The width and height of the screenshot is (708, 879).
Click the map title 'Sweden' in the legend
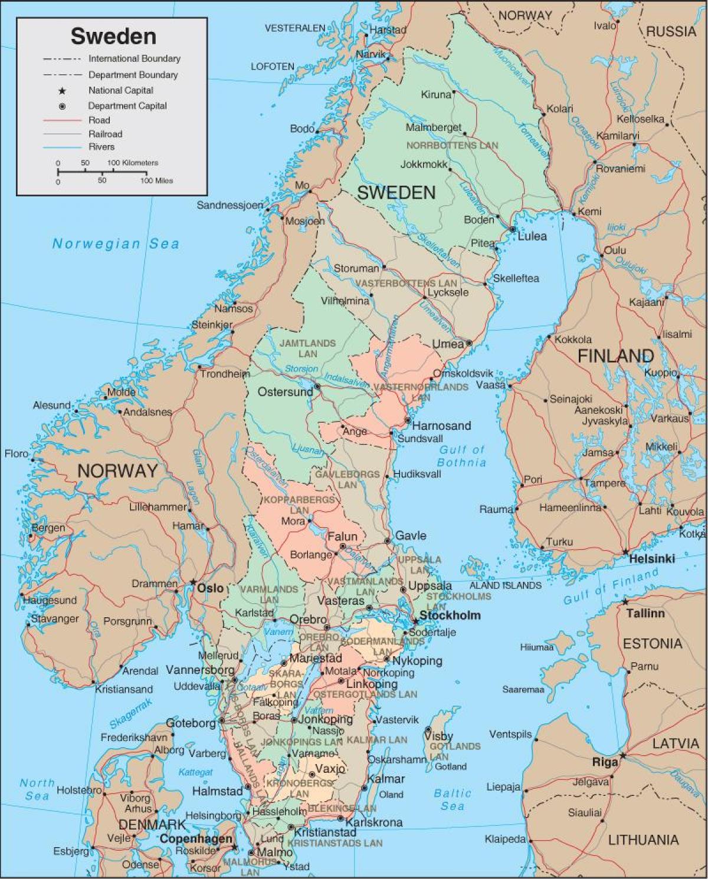pyautogui.click(x=113, y=37)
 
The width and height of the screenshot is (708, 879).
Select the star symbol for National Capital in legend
pyautogui.click(x=62, y=91)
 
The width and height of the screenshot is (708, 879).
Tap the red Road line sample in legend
pyautogui.click(x=61, y=120)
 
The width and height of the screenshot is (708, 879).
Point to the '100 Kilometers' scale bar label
pyautogui.click(x=133, y=163)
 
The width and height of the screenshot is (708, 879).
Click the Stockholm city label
pyautogui.click(x=450, y=615)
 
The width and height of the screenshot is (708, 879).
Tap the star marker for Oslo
pyautogui.click(x=193, y=582)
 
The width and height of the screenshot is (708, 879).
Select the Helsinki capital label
pyautogui.click(x=651, y=558)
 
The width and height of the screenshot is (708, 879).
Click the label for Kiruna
pyautogui.click(x=435, y=94)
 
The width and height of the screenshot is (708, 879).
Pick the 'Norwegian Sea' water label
pyautogui.click(x=116, y=243)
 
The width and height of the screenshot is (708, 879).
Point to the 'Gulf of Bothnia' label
pyautogui.click(x=462, y=456)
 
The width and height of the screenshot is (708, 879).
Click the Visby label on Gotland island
pyautogui.click(x=438, y=736)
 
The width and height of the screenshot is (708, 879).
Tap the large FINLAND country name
pyautogui.click(x=615, y=355)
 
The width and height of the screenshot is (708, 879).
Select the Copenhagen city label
pyautogui.click(x=196, y=839)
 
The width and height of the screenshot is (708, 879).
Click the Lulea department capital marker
pyautogui.click(x=513, y=229)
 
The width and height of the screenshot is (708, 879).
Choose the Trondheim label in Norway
pyautogui.click(x=224, y=374)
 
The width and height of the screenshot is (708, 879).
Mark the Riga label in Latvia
pyautogui.click(x=605, y=762)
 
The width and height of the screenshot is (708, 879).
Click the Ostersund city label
pyautogui.click(x=286, y=392)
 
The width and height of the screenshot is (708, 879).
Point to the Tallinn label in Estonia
pyautogui.click(x=645, y=613)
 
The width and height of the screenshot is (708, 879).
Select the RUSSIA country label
pyautogui.click(x=671, y=31)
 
